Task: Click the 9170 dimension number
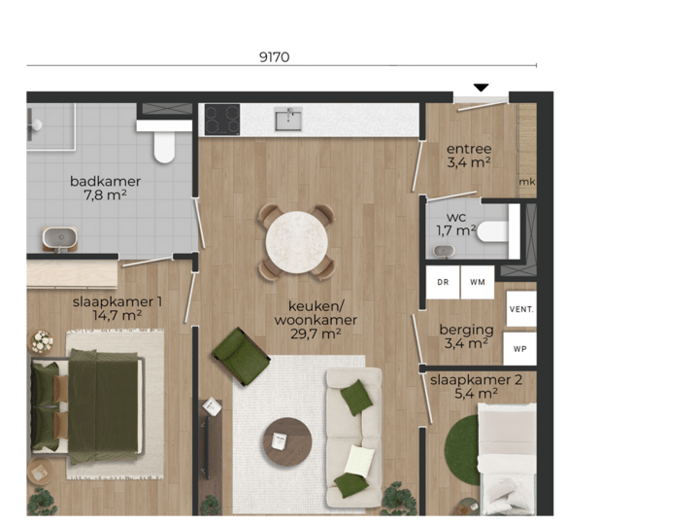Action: click(275, 56)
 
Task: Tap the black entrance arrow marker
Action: click(481, 88)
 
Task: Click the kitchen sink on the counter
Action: click(287, 120)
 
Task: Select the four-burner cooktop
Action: click(221, 120)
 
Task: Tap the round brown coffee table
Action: click(286, 443)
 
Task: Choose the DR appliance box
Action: click(443, 282)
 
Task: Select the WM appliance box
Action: click(477, 282)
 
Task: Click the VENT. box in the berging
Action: click(520, 309)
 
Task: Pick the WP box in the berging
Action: click(520, 348)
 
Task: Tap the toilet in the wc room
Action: click(492, 231)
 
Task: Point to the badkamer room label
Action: click(105, 181)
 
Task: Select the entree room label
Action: click(469, 149)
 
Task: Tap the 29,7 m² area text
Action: click(315, 333)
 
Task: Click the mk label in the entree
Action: click(527, 182)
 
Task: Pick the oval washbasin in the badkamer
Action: click(59, 236)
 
